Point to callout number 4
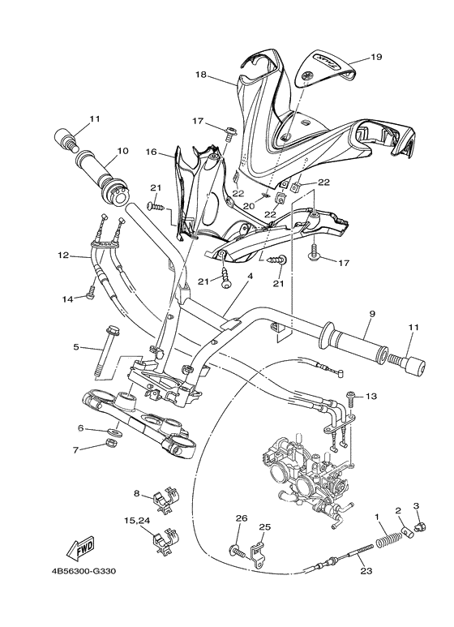[250, 277]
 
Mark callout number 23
[366, 572]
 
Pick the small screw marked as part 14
[91, 296]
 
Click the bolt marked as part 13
[350, 397]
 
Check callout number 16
[151, 151]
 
